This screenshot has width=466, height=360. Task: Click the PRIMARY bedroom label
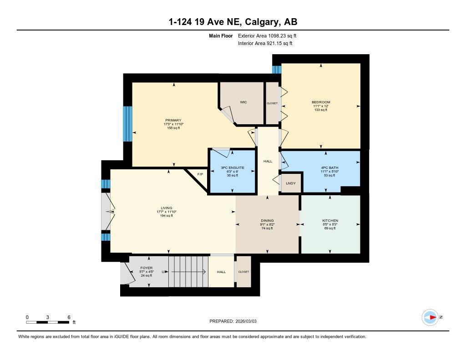coord(174,120)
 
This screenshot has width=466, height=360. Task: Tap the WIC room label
coord(243,102)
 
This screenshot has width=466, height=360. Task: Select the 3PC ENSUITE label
coord(232,167)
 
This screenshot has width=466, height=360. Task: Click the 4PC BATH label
coord(329,167)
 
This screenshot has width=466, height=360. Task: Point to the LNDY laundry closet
coord(291,183)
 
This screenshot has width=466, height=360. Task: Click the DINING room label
coord(267,221)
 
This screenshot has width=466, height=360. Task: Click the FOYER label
coord(146,268)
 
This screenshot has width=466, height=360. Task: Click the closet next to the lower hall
coord(243,272)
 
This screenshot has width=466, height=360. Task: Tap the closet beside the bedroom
coord(272,103)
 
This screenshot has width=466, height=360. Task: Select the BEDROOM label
coord(321,102)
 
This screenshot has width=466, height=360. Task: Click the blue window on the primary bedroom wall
coord(128,124)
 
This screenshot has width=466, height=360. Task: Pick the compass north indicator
coord(430,317)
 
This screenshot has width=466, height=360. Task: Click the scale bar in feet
coord(47,322)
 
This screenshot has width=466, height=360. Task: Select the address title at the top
coord(233,22)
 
